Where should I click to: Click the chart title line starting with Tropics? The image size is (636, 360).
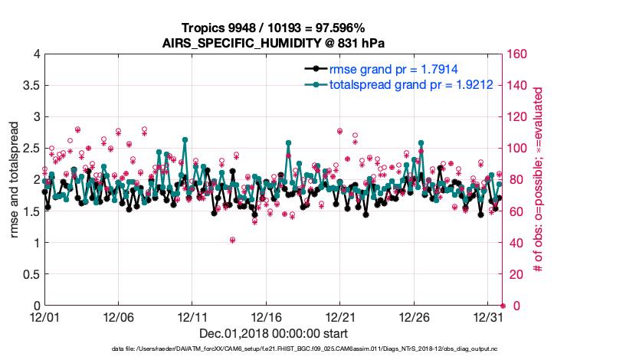point(274,28)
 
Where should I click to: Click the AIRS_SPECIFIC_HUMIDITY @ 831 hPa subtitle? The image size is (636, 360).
point(274,42)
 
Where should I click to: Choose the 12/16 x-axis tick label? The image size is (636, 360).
point(267,317)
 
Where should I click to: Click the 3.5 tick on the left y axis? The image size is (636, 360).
point(31,86)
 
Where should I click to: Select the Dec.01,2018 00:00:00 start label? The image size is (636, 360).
point(274,333)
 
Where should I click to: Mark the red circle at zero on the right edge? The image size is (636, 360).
point(503,306)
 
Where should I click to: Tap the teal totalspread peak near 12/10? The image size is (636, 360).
point(185,140)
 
